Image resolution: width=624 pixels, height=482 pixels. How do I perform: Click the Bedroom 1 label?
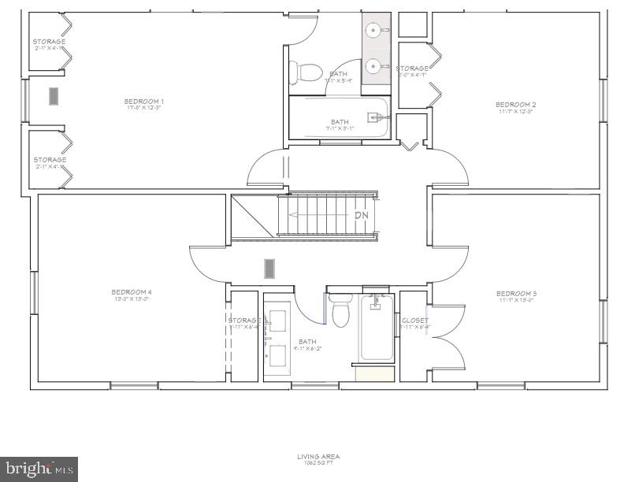pos(144,101)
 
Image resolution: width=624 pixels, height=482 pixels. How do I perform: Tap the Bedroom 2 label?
pos(515,104)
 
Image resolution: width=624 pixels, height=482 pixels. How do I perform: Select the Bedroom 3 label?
pos(516,293)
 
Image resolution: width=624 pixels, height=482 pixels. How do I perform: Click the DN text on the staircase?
pos(361,215)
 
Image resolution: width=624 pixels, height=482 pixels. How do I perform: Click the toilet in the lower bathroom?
pos(340,312)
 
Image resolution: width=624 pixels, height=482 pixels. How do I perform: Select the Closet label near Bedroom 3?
pos(415,321)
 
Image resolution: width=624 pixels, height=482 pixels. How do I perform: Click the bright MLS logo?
pos(39,469)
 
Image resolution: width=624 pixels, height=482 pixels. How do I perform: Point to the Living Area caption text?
pos(318,456)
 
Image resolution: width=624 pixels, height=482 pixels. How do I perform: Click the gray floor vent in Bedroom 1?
pos(54,96)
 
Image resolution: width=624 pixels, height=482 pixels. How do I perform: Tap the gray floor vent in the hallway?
pos(269,269)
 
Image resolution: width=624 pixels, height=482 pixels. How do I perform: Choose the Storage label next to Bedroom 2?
pos(412,69)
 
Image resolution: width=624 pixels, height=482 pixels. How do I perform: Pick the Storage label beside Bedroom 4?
pos(244,321)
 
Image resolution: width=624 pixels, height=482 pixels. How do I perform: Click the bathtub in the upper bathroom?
pos(340,118)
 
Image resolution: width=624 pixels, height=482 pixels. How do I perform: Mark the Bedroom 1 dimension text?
pos(143,108)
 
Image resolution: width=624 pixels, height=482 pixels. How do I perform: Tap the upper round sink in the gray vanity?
pos(373,32)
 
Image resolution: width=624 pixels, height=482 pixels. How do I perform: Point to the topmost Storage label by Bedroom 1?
pos(49,42)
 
